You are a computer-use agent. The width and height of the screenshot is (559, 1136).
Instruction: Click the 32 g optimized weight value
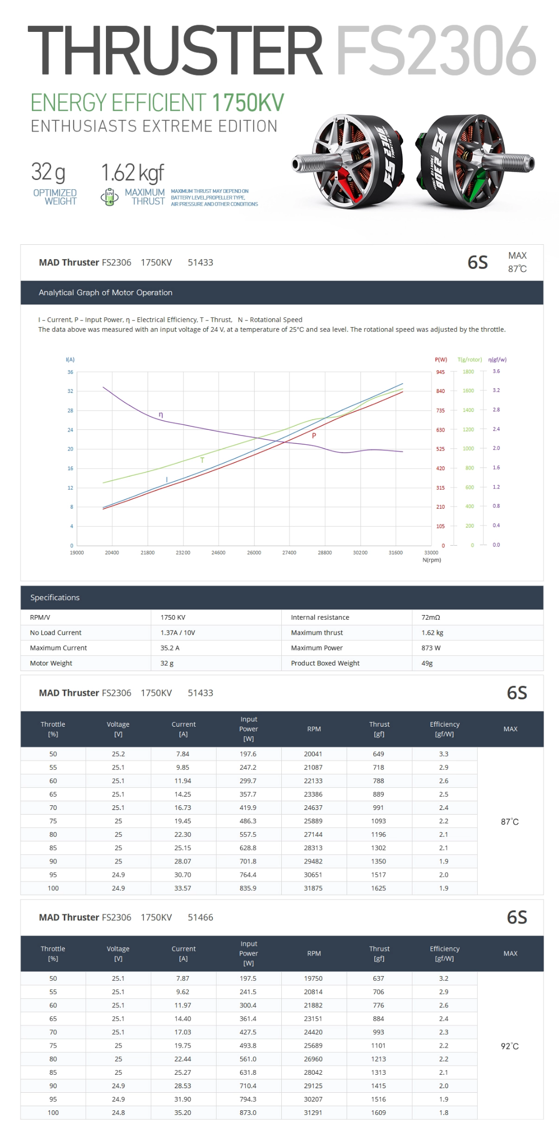[48, 172]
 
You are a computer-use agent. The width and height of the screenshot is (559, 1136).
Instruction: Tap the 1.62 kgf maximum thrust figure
[133, 173]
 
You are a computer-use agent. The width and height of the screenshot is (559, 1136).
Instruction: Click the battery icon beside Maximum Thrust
[109, 197]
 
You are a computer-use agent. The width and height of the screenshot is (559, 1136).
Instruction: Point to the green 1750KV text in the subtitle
[248, 103]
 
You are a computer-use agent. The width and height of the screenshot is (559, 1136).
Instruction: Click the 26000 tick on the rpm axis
[254, 552]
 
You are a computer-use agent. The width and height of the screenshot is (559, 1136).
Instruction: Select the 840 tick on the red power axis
[441, 391]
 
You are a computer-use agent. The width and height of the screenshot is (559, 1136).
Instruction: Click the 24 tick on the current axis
[70, 430]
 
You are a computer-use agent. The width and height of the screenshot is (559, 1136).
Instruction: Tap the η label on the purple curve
[161, 414]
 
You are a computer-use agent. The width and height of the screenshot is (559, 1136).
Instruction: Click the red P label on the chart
[314, 436]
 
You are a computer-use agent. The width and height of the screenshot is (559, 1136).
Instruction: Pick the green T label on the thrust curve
[202, 460]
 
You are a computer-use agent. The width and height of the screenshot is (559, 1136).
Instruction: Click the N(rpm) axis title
[431, 560]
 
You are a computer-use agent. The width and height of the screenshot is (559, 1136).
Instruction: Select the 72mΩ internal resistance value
[430, 618]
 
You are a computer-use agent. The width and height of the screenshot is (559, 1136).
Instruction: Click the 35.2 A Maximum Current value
[170, 648]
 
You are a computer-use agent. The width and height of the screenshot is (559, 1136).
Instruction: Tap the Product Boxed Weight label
[325, 663]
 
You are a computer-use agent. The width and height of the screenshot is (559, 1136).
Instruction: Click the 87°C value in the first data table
[510, 822]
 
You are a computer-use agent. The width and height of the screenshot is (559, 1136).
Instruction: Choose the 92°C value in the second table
[510, 1046]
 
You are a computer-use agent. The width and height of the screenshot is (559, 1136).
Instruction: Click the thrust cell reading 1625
[378, 888]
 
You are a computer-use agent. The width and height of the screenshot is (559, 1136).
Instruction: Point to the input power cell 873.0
[248, 1112]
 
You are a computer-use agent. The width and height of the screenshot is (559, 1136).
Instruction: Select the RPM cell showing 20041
[313, 754]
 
